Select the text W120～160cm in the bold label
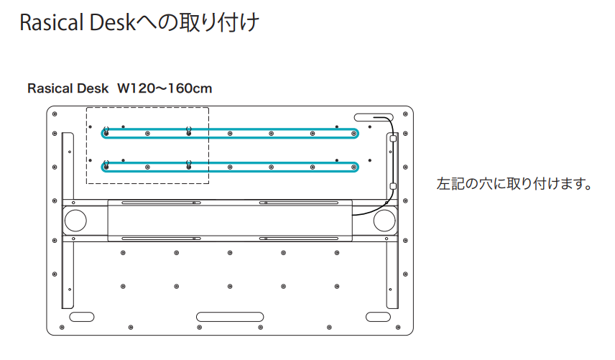165,88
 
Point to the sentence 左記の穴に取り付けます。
514,184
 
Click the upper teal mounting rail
230,131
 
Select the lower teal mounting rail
230,166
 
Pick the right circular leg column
384,220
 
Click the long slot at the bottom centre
230,317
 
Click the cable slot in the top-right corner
371,116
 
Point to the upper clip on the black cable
392,141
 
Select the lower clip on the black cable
393,185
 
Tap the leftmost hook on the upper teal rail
106,131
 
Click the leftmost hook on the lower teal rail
106,165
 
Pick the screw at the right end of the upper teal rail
353,132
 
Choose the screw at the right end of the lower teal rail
353,166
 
